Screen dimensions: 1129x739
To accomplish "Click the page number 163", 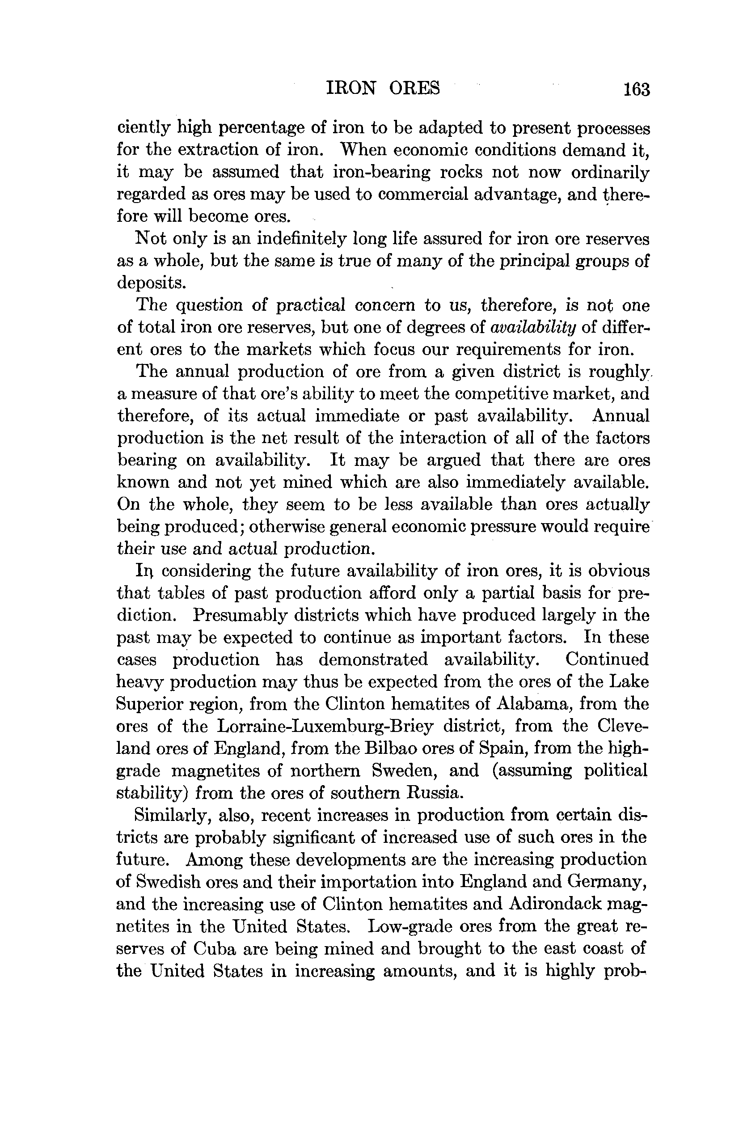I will click(x=636, y=89).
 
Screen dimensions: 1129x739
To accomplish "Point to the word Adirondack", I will click(x=555, y=904).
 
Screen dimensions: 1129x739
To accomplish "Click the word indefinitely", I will click(x=300, y=239).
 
